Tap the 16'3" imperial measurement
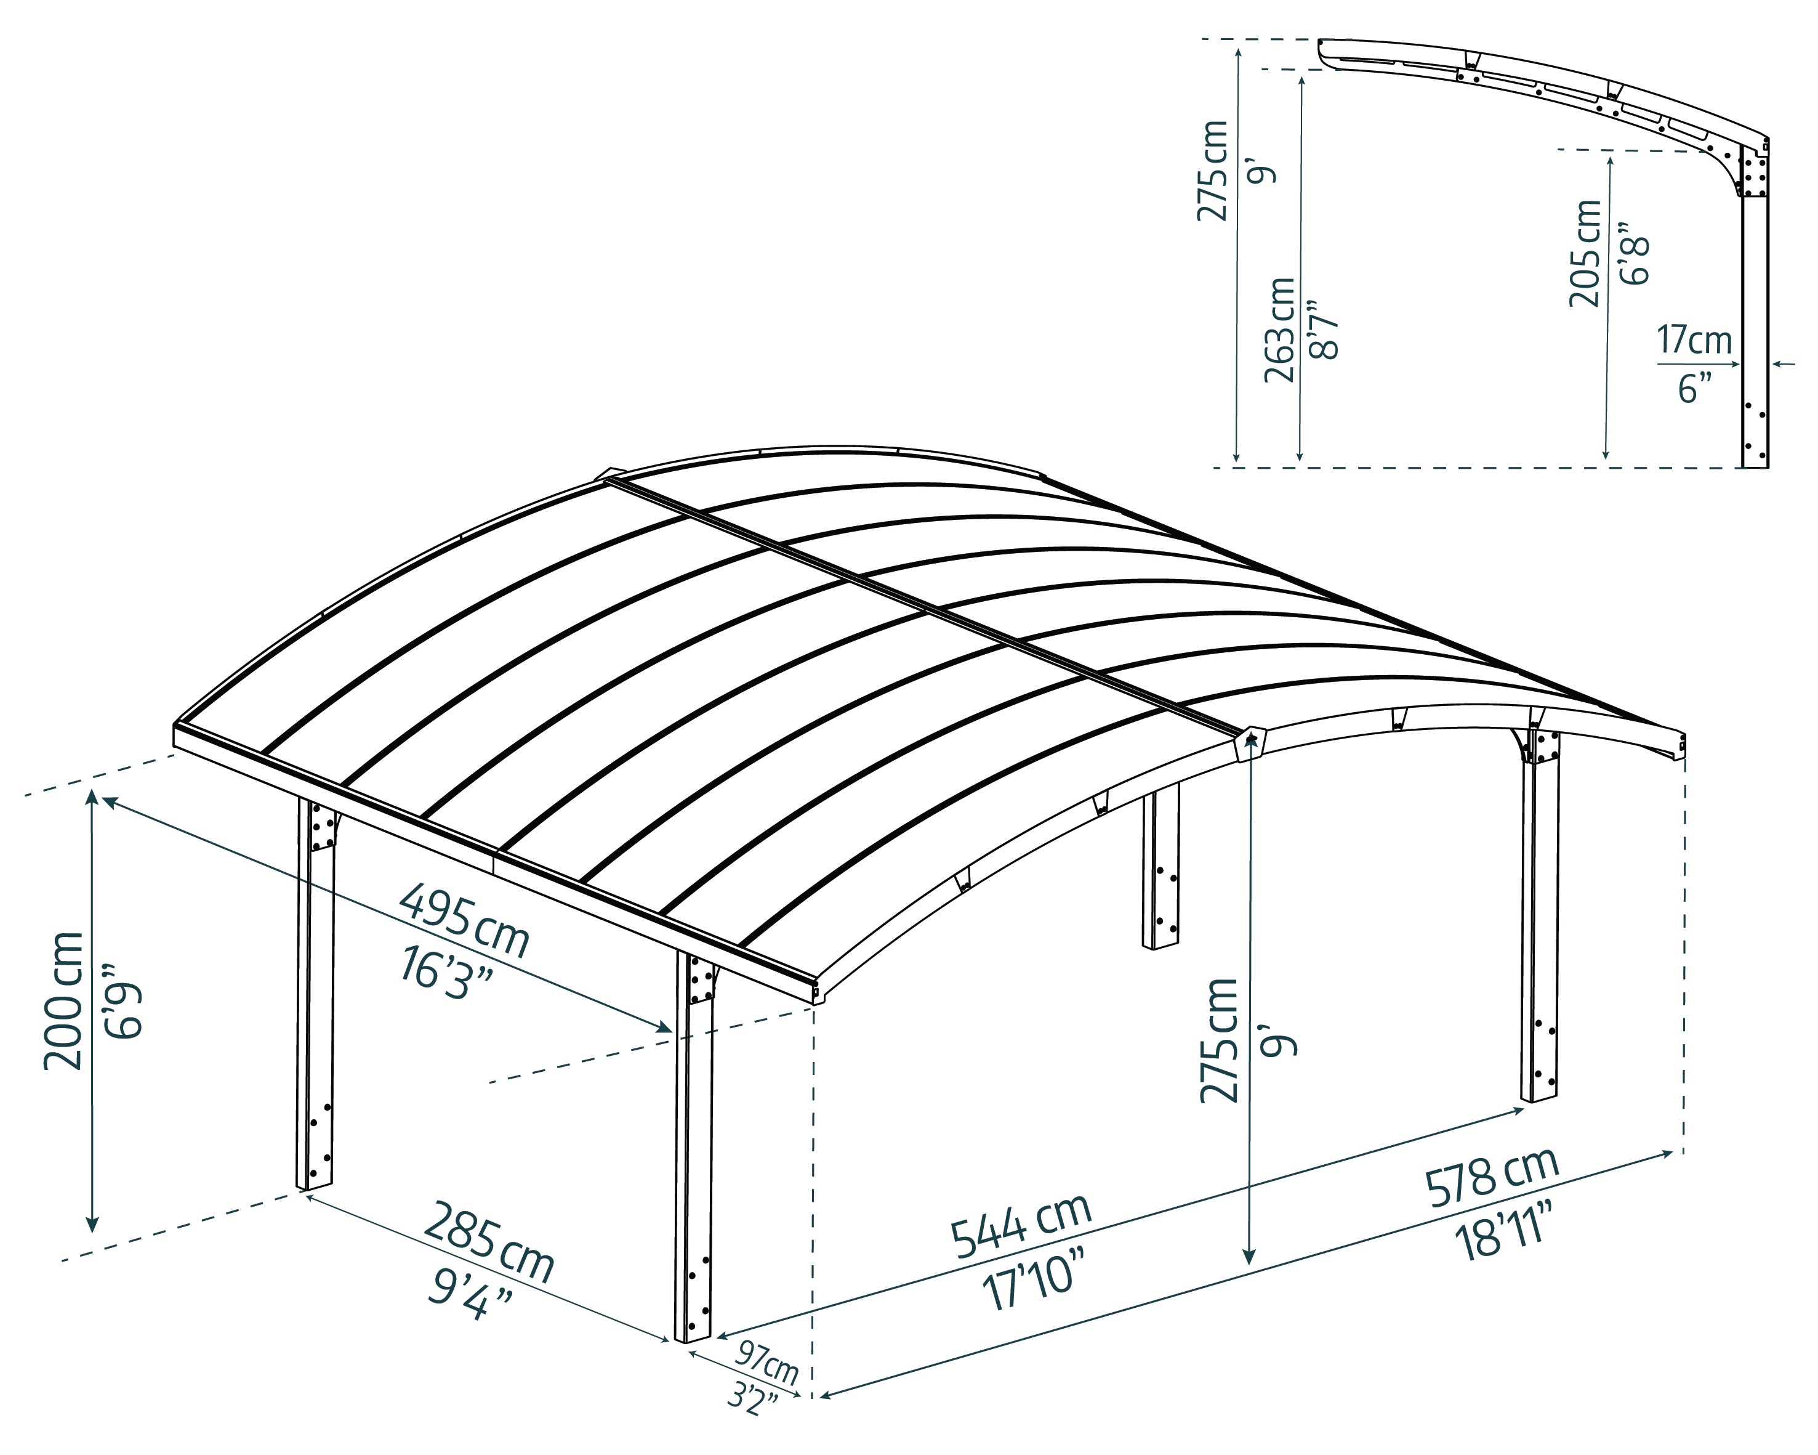pyautogui.click(x=445, y=975)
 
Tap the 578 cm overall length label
pyautogui.click(x=1492, y=1177)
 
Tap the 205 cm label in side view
pyautogui.click(x=1585, y=253)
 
